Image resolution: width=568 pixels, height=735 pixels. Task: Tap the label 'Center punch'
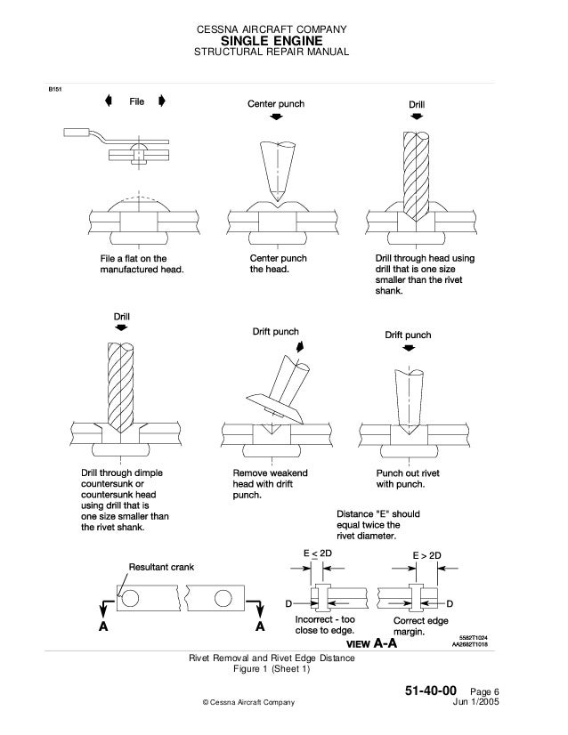[275, 104]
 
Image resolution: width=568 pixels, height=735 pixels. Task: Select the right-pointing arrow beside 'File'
[162, 101]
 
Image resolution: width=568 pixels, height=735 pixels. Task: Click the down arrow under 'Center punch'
[276, 119]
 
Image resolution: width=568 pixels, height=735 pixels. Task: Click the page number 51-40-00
[431, 691]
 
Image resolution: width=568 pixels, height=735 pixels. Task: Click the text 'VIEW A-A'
[369, 643]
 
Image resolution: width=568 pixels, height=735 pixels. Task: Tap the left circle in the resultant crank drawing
[131, 598]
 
